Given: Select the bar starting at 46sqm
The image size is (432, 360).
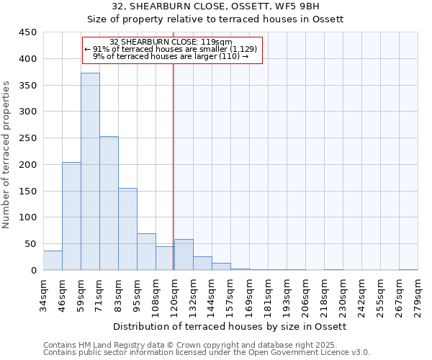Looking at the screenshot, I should pyautogui.click(x=71, y=216).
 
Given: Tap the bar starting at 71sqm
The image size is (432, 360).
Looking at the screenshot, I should pyautogui.click(x=109, y=203).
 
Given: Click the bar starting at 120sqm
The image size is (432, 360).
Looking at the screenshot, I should pyautogui.click(x=184, y=255).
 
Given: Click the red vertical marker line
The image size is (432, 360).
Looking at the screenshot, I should pyautogui.click(x=174, y=166).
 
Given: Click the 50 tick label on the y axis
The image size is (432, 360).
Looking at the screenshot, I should pyautogui.click(x=30, y=244).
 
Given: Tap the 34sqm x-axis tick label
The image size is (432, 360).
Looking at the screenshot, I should pyautogui.click(x=43, y=294).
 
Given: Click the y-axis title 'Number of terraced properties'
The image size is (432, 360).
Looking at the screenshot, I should pyautogui.click(x=6, y=155).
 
